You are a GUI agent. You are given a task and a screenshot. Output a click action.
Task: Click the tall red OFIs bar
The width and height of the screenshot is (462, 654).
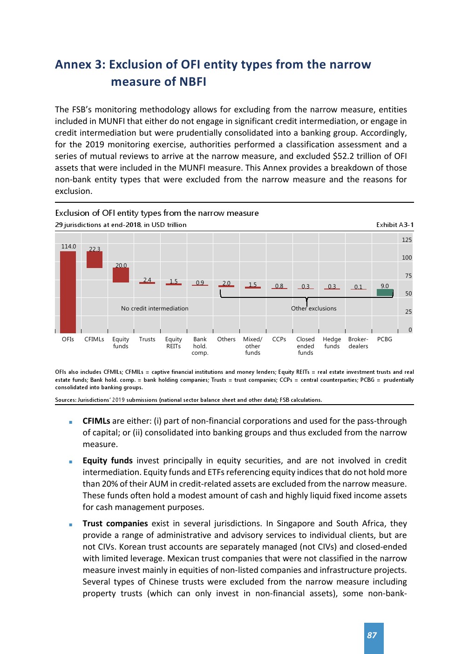click(68, 292)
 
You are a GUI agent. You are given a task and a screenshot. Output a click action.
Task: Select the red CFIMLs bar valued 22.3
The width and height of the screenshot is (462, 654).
click(95, 260)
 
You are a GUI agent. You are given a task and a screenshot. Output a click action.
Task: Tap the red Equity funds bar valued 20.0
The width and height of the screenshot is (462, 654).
click(121, 275)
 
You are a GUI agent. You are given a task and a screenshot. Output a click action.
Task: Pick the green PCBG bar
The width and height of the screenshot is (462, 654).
click(385, 293)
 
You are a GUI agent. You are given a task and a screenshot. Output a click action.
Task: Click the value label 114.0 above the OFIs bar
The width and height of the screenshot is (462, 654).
click(68, 247)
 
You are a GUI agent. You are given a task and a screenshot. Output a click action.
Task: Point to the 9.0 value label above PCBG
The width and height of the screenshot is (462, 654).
click(385, 286)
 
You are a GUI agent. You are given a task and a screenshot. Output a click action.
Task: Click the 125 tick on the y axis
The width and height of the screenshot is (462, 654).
click(407, 240)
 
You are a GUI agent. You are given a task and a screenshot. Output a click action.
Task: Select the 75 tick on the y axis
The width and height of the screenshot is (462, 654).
click(408, 276)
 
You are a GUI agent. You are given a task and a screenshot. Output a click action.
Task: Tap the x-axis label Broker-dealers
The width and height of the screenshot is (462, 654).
click(358, 343)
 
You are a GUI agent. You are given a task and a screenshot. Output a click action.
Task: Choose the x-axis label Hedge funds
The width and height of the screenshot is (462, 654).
click(332, 343)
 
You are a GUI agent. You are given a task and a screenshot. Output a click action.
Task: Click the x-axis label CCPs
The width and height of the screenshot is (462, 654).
click(279, 339)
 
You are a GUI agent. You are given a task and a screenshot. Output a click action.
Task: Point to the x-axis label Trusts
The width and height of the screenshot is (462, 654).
click(147, 339)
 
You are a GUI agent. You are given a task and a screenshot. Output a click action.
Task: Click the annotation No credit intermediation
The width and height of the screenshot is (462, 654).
click(155, 309)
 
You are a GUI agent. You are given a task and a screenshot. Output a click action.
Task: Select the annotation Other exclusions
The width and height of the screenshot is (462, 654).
click(313, 309)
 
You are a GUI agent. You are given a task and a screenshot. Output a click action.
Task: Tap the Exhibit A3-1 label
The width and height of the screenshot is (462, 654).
click(394, 225)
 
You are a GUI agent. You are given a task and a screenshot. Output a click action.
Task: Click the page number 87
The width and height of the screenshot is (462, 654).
click(372, 635)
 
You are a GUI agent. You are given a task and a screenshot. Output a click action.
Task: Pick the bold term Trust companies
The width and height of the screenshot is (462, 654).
click(115, 523)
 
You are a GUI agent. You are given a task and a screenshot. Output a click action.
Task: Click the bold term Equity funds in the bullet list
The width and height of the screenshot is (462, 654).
click(108, 461)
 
